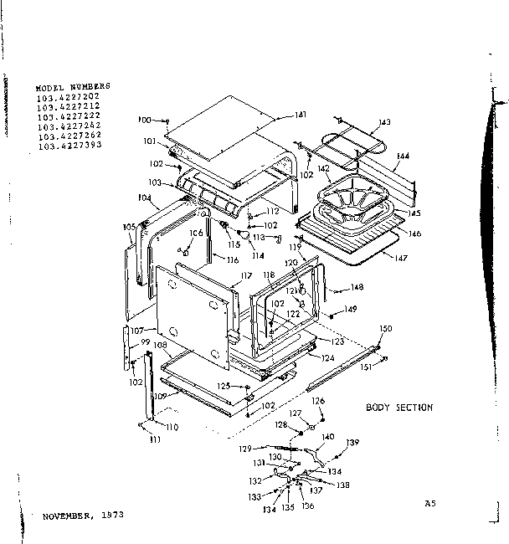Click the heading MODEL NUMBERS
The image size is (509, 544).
(72, 87)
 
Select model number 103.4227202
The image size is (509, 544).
(69, 97)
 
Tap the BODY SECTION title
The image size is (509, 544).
(399, 408)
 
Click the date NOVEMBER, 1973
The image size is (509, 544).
(82, 516)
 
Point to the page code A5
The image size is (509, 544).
(430, 503)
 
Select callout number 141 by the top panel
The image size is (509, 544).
(301, 115)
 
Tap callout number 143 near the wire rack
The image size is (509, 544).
(383, 123)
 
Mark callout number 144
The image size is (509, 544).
(403, 157)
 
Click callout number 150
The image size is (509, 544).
(385, 327)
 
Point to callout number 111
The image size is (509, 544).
(154, 439)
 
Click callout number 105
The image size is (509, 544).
(129, 227)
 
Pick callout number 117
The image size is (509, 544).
(246, 276)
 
